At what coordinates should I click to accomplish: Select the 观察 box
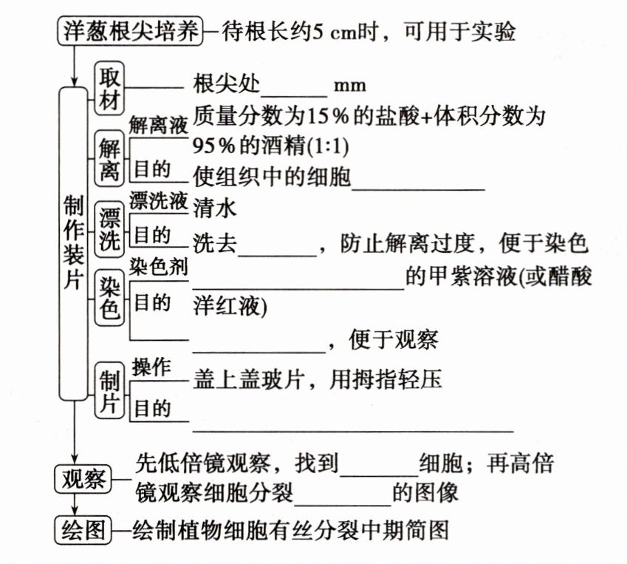tap(81, 480)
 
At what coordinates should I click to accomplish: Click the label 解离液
tap(158, 126)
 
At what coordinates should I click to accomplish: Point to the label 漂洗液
tap(158, 200)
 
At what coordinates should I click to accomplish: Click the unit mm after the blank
tap(350, 86)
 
